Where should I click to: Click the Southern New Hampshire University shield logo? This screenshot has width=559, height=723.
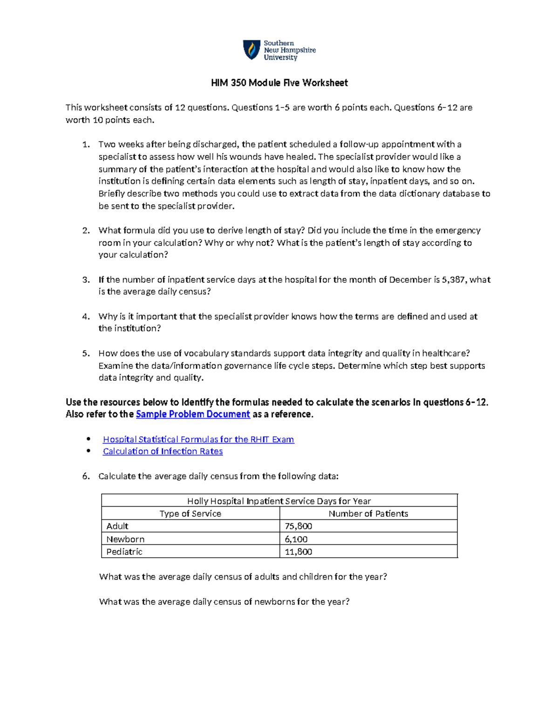252,50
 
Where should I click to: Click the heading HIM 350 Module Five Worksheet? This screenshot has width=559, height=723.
279,83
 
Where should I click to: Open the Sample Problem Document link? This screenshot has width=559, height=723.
193,414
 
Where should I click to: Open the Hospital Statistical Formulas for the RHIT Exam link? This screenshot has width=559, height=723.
198,439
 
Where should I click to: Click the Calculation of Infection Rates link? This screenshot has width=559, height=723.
163,452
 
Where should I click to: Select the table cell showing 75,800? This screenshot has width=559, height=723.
299,526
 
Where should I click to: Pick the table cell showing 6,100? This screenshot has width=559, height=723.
296,539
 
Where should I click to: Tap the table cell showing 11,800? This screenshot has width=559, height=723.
299,552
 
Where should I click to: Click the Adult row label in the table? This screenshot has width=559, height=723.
117,526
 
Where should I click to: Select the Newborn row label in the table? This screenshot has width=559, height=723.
125,539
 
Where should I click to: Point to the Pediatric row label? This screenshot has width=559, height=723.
124,552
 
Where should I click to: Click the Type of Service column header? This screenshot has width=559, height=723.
190,514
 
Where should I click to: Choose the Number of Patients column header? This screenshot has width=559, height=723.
368,514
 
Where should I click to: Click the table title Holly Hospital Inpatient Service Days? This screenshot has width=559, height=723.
279,501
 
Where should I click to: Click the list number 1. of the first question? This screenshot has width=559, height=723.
86,145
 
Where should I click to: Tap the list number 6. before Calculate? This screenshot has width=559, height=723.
86,476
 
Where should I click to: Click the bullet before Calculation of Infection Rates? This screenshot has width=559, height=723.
89,451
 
